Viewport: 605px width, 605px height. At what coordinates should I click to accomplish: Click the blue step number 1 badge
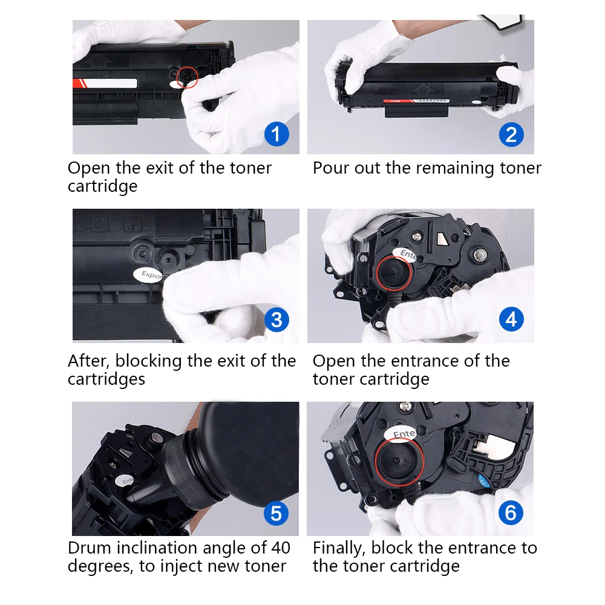[x=276, y=134]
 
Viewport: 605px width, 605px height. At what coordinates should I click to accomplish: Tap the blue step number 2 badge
[x=511, y=134]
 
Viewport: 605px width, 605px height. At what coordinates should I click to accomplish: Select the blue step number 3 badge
[x=276, y=319]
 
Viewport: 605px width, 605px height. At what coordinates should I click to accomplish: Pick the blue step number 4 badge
[x=511, y=319]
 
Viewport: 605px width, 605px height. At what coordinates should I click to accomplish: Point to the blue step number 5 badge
[x=276, y=514]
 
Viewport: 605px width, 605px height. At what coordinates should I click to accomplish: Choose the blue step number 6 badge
[x=511, y=514]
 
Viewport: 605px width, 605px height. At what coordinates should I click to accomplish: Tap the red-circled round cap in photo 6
[x=397, y=463]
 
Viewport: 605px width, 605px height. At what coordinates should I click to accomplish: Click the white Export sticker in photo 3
[x=149, y=275]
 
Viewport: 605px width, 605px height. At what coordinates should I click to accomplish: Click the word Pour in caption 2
[x=331, y=168]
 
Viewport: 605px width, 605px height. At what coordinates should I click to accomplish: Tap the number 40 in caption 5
[x=280, y=548]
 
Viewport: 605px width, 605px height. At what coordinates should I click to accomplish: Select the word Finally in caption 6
[x=339, y=548]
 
